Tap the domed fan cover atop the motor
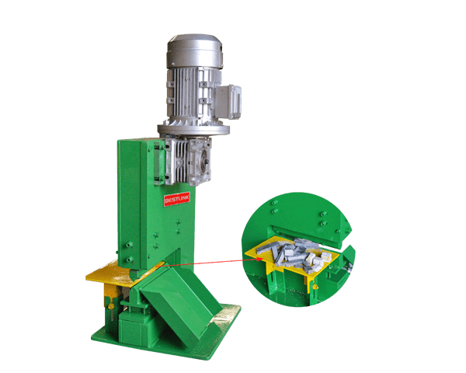(x=195, y=51)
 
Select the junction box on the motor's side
(x=228, y=102)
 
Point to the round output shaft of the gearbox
(x=205, y=162)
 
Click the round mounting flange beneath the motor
(x=193, y=129)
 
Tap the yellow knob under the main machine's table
(x=110, y=306)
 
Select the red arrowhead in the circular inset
(x=259, y=259)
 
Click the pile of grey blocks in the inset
(x=299, y=255)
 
